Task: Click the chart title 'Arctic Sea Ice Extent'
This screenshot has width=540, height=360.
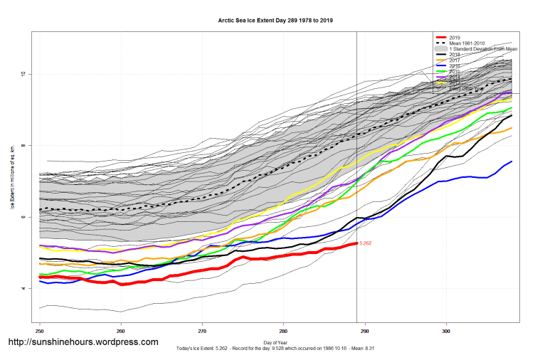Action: [x=275, y=21]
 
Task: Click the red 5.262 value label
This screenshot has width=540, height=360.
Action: [x=365, y=243]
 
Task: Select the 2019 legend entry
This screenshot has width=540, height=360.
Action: [x=455, y=37]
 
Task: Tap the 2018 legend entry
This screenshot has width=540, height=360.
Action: [x=455, y=54]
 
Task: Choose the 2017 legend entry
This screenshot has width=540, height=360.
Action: [x=455, y=60]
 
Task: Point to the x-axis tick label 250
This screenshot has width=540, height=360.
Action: [x=40, y=331]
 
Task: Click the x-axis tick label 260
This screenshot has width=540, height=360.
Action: [x=121, y=331]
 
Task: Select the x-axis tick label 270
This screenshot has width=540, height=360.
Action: [x=203, y=331]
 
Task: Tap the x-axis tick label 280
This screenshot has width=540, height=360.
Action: [x=284, y=331]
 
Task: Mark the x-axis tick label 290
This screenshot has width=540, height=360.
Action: [x=365, y=331]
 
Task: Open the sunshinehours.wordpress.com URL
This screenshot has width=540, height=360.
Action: [x=83, y=342]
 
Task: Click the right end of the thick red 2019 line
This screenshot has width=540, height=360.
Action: [x=356, y=243]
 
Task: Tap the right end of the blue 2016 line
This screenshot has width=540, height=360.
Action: [x=512, y=162]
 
